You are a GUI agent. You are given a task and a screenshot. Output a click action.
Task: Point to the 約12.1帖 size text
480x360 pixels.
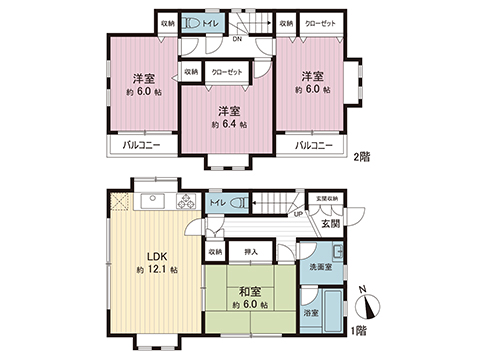[156, 270]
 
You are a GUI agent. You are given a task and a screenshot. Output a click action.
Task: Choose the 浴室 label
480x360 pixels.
[310, 313]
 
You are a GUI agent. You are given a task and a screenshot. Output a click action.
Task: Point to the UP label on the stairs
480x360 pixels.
[298, 214]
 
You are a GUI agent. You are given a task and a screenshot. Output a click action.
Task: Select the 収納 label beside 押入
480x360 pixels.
[215, 252]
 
